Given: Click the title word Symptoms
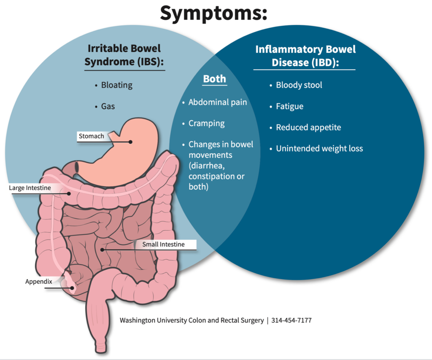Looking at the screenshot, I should pyautogui.click(x=213, y=13).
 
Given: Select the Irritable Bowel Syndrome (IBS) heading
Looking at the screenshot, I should pyautogui.click(x=124, y=55).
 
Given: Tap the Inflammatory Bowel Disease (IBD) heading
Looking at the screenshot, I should pyautogui.click(x=305, y=56).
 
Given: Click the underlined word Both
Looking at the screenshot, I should pyautogui.click(x=214, y=79).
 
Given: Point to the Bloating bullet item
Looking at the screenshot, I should pyautogui.click(x=116, y=85).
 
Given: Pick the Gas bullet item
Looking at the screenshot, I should pyautogui.click(x=108, y=106).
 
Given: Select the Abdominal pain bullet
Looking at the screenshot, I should pyautogui.click(x=217, y=102).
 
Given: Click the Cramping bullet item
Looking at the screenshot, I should pyautogui.click(x=206, y=124).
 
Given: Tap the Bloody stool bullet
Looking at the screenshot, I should pyautogui.click(x=299, y=85).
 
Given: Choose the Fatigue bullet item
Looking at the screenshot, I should pyautogui.click(x=289, y=106).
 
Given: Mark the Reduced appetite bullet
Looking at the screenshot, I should pyautogui.click(x=308, y=127).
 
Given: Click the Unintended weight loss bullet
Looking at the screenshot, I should pyautogui.click(x=319, y=148).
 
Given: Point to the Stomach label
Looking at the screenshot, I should pyautogui.click(x=91, y=136).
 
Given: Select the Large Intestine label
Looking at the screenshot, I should pyautogui.click(x=30, y=188).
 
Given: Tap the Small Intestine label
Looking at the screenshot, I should pyautogui.click(x=163, y=244).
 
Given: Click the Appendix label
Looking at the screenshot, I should pyautogui.click(x=38, y=282).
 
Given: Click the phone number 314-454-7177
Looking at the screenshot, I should pyautogui.click(x=292, y=320).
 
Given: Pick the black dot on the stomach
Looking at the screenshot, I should pyautogui.click(x=131, y=142).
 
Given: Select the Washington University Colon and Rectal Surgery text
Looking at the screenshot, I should pyautogui.click(x=191, y=320).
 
